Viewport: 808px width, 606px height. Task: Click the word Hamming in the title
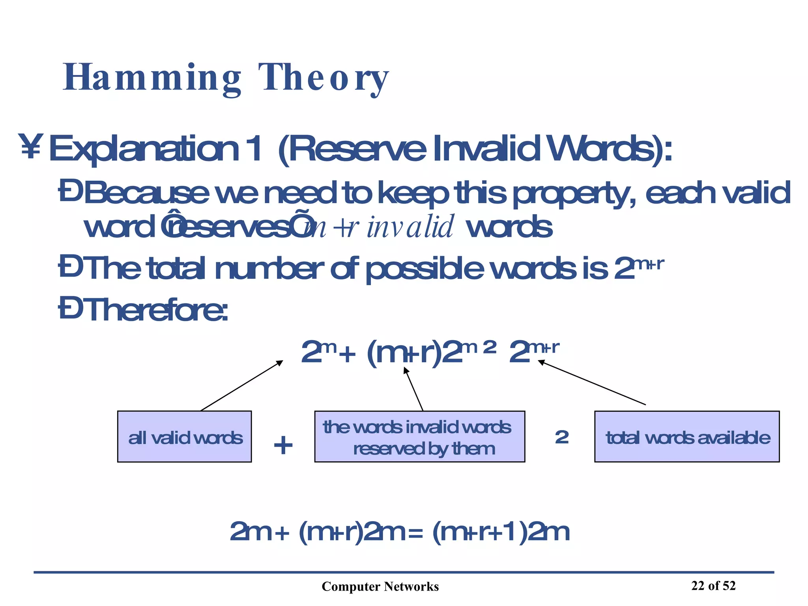pos(152,78)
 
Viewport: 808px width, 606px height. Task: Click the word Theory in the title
pos(324,78)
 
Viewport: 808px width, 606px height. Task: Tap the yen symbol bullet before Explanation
pos(30,147)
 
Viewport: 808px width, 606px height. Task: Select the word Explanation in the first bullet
pos(144,149)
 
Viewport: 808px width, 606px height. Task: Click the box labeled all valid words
pos(184,436)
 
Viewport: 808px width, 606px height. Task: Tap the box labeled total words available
pos(687,436)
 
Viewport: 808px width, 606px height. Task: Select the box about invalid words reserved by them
pos(419,436)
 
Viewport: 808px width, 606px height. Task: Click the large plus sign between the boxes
pos(283,445)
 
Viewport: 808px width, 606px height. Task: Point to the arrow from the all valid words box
pos(241,385)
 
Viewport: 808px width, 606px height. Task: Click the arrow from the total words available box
pos(592,382)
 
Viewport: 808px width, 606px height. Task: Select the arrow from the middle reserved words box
pos(413,389)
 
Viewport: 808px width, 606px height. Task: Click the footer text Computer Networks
pos(380,587)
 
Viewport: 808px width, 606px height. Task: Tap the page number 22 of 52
pos(713,585)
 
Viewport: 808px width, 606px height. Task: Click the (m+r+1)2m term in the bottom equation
pos(501,532)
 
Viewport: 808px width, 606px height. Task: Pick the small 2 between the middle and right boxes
pos(562,437)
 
